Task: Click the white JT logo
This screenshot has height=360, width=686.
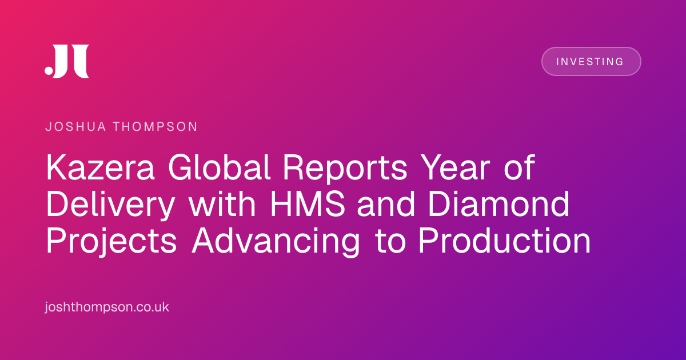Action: pyautogui.click(x=67, y=61)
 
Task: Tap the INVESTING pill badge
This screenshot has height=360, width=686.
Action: pyautogui.click(x=591, y=61)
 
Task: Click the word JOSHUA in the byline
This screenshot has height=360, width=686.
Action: pyautogui.click(x=75, y=127)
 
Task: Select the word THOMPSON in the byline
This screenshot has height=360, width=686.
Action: pyautogui.click(x=155, y=127)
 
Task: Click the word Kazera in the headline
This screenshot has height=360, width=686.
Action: pyautogui.click(x=101, y=167)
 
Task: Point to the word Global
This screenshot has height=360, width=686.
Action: pyautogui.click(x=219, y=167)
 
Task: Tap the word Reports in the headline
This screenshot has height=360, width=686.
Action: pyautogui.click(x=345, y=169)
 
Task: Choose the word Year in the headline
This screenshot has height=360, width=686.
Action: pyautogui.click(x=455, y=167)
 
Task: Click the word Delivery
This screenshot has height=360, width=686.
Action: pyautogui.click(x=111, y=205)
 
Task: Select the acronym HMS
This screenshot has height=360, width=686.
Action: pyautogui.click(x=308, y=204)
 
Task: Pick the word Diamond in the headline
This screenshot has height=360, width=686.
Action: pyautogui.click(x=499, y=204)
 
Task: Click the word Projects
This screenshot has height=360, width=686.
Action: pyautogui.click(x=111, y=242)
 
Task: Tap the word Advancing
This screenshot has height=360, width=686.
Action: pyautogui.click(x=276, y=242)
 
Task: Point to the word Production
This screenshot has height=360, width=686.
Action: pyautogui.click(x=505, y=241)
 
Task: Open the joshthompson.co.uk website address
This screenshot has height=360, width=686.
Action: pyautogui.click(x=107, y=307)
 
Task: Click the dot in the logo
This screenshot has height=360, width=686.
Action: pyautogui.click(x=49, y=70)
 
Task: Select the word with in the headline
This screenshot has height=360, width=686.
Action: pyautogui.click(x=222, y=204)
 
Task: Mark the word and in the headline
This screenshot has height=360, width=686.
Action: pyautogui.click(x=386, y=204)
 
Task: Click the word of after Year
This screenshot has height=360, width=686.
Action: pyautogui.click(x=520, y=167)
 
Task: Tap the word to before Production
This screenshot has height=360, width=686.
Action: pyautogui.click(x=391, y=242)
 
